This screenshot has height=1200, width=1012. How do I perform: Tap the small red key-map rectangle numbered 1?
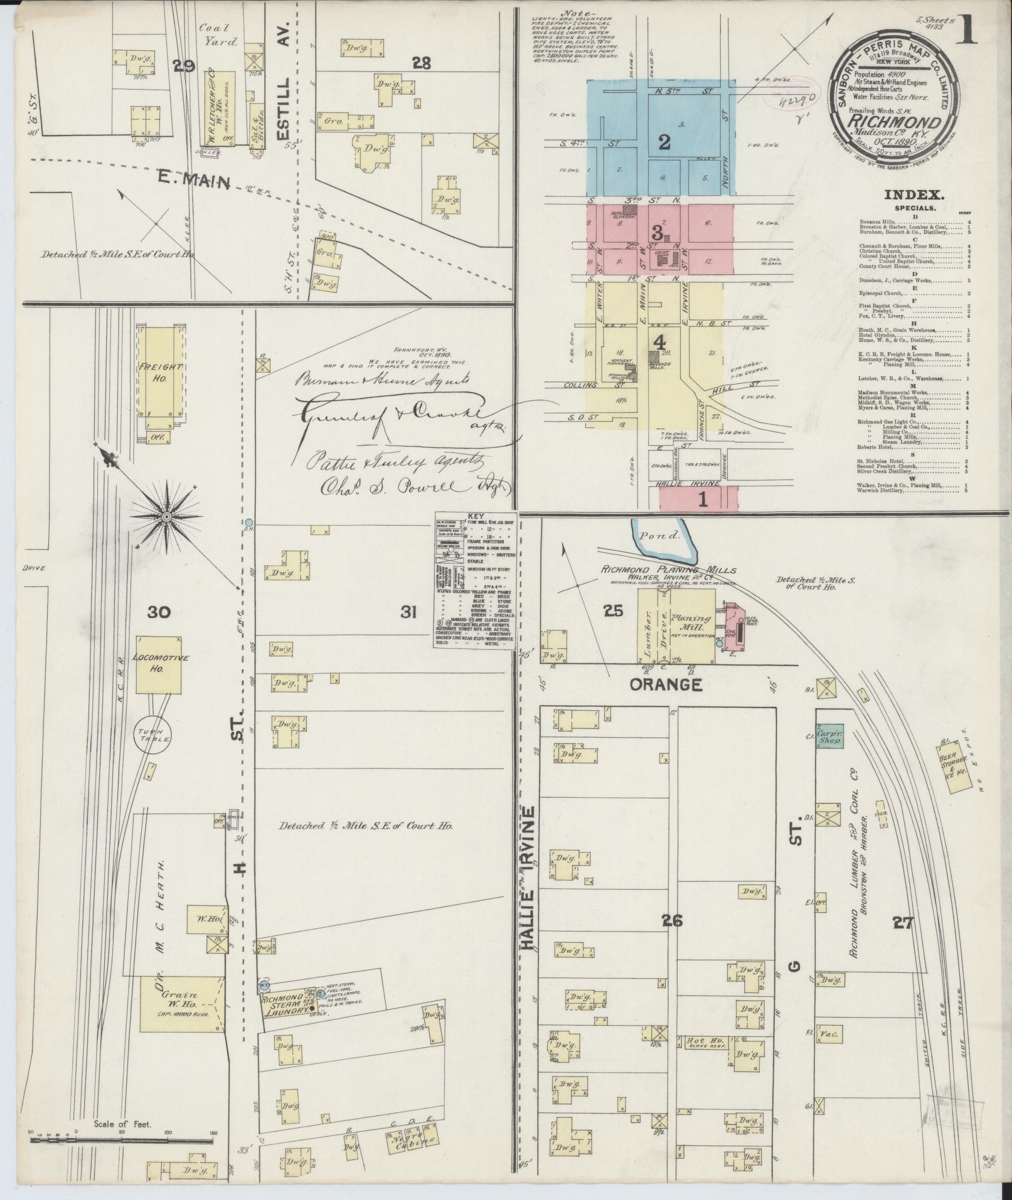[x=698, y=501]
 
